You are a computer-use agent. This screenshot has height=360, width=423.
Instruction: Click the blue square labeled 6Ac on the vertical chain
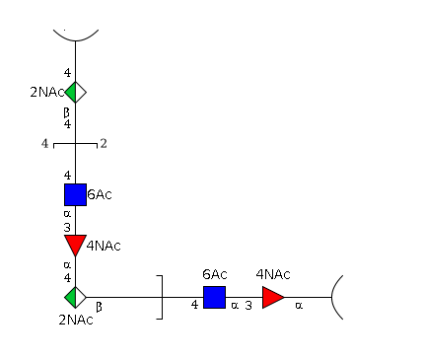coord(75,194)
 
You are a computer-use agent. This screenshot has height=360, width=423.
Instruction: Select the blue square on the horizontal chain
coord(214,297)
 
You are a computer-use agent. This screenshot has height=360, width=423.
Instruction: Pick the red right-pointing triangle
coord(273,297)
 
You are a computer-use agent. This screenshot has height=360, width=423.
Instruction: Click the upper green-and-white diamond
coord(75,92)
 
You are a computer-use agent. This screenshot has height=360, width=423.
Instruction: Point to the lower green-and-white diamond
coord(75,297)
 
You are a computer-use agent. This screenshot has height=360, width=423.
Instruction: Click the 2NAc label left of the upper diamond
coord(47,93)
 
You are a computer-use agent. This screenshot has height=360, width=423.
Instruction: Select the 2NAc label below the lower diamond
coord(76,320)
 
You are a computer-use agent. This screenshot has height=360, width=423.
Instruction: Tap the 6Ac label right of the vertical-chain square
coord(100,194)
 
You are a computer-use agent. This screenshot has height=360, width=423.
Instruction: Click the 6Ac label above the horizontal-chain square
coord(215,274)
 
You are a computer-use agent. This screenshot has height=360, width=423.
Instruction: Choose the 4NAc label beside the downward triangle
coord(104,246)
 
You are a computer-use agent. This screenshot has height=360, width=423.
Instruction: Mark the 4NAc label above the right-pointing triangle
coord(273,274)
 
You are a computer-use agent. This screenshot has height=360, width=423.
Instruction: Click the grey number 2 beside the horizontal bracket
coord(104,143)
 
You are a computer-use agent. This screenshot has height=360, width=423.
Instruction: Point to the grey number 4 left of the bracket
coord(44,143)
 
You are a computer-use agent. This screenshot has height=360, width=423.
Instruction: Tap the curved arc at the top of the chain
coord(76,40)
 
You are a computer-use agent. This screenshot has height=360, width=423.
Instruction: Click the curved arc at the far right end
coord(332,297)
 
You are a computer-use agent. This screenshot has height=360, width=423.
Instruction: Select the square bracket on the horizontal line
coord(162,297)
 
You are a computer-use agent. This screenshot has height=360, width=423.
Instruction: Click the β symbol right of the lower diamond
coord(99,307)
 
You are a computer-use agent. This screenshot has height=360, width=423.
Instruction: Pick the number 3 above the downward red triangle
coord(67,227)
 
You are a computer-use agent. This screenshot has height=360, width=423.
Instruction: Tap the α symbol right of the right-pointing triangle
coord(299,306)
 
